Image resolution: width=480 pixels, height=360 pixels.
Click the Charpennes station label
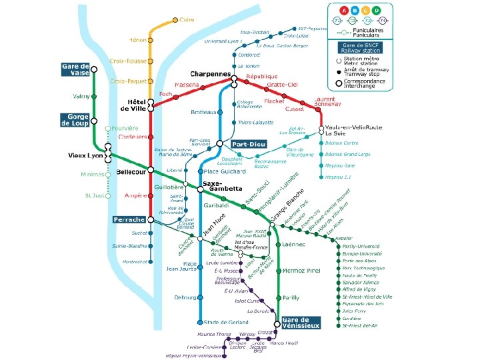click(x=210, y=73)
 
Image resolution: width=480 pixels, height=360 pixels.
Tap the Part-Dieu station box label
click(x=249, y=144)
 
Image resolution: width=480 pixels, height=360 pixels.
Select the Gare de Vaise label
click(x=75, y=69)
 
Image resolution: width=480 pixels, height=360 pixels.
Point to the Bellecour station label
click(x=131, y=171)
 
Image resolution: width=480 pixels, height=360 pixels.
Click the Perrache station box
click(x=129, y=219)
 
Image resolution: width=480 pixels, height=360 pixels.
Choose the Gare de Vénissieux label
click(x=301, y=323)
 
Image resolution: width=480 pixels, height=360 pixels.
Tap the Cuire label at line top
click(x=187, y=20)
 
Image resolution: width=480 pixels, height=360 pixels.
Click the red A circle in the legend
click(x=344, y=11)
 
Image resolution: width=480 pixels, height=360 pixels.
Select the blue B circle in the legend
click(x=355, y=11)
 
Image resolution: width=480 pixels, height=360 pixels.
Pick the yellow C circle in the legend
click(x=365, y=11)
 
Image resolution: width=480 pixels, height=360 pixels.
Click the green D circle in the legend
click(x=376, y=11)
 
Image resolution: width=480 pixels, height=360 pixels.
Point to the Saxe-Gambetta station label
click(x=222, y=186)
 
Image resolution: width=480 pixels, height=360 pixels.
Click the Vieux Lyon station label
click(x=85, y=155)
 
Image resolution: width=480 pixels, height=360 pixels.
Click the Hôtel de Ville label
click(x=133, y=105)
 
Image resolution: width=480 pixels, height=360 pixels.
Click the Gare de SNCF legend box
click(x=360, y=47)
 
